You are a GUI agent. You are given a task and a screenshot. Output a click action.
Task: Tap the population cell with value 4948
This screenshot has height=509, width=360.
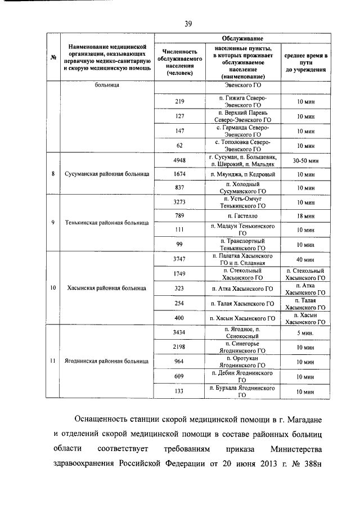tap(180, 160)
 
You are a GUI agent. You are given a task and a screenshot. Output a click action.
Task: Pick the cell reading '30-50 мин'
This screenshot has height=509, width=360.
tap(305, 161)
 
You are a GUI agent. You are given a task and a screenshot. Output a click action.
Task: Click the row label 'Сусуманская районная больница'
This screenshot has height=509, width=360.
tap(106, 174)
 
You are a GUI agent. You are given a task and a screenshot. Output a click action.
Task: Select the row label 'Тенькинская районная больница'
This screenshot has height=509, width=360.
tap(106, 223)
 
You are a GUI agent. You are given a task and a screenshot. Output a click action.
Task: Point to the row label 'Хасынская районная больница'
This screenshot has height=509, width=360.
tap(106, 288)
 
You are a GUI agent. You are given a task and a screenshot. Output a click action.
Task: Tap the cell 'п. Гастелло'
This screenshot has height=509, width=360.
tap(243, 216)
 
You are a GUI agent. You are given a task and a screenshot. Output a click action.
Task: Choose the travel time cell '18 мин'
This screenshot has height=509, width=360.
tap(305, 216)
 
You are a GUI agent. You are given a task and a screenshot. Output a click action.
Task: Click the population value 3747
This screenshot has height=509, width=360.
tap(180, 259)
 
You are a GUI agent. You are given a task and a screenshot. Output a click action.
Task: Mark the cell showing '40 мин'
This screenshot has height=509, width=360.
tap(305, 259)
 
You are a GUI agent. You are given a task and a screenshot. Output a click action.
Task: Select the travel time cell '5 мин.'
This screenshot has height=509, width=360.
tap(305, 333)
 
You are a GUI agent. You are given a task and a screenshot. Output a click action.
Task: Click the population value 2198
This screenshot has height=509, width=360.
tap(180, 347)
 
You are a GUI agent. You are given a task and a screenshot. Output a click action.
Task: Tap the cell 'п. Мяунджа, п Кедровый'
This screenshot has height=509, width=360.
tap(243, 174)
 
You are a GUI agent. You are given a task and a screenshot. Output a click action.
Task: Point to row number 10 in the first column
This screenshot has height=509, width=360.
tap(52, 288)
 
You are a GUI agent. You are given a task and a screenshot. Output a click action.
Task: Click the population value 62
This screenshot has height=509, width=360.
tap(180, 145)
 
